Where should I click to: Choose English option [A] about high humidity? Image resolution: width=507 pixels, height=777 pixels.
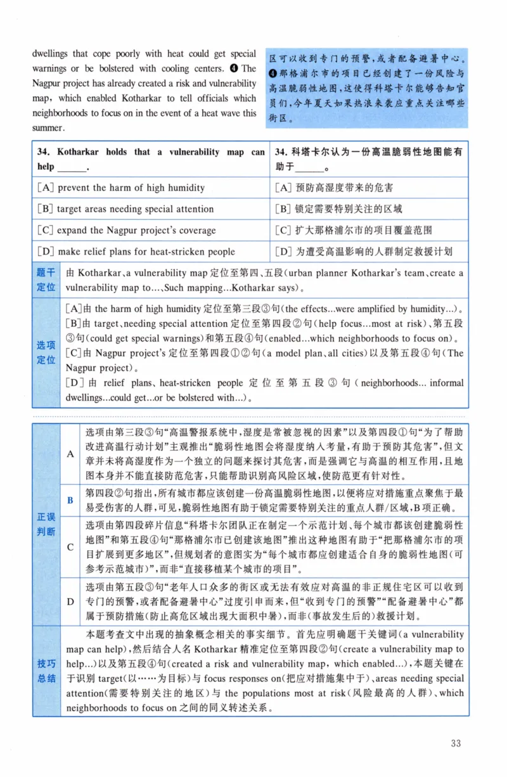point(121,188)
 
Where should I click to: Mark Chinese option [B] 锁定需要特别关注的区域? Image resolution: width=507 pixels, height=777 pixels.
point(339,209)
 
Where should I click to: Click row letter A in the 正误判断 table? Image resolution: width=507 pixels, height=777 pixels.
point(70,454)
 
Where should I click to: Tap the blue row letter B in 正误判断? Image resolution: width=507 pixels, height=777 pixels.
point(70,500)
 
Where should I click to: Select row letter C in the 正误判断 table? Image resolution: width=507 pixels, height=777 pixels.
point(70,546)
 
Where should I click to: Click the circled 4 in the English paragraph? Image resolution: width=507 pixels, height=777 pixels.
point(234,68)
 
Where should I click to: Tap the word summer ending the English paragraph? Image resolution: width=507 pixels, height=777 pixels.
point(48,128)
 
